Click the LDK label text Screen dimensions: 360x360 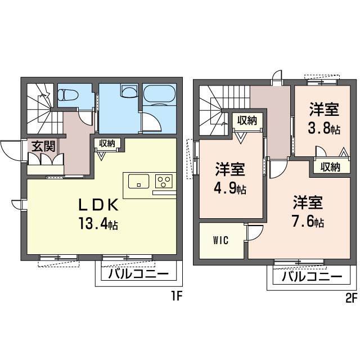98,205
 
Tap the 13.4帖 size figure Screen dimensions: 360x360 98,223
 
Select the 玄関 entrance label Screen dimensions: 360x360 44,146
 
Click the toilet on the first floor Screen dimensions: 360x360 68,95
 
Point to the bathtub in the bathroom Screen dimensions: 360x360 159,95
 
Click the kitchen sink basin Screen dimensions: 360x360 138,181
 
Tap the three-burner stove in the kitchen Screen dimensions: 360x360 164,181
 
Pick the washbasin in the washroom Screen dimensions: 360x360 129,91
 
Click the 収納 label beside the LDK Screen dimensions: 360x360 107,143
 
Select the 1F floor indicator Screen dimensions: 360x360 176,296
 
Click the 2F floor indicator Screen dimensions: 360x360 351,298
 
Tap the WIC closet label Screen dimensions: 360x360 221,240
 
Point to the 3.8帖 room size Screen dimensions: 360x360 324,129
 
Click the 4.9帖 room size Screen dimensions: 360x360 230,188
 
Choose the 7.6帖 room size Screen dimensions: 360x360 308,221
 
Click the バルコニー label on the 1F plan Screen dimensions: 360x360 138,274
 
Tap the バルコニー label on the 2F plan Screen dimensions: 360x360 312,276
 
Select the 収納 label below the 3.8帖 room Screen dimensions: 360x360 330,167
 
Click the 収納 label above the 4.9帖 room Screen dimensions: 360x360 247,120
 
